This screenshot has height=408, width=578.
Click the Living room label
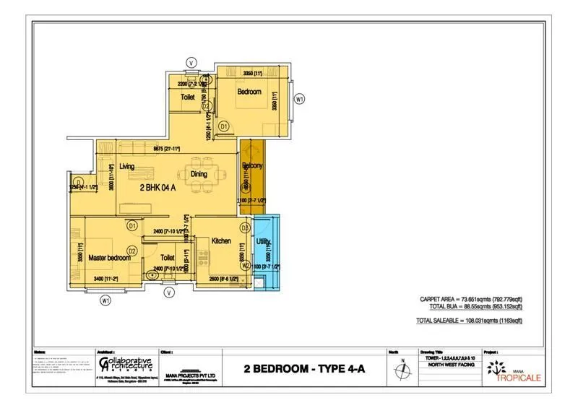pyautogui.click(x=127, y=167)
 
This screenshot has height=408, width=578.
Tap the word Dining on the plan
pyautogui.click(x=199, y=174)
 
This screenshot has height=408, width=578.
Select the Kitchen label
pyautogui.click(x=221, y=241)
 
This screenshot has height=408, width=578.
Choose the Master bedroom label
pyautogui.click(x=109, y=258)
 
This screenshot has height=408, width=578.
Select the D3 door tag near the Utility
pyautogui.click(x=245, y=228)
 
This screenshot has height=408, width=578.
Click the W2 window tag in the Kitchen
pyautogui.click(x=246, y=266)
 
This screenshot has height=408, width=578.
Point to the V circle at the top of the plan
pyautogui.click(x=191, y=63)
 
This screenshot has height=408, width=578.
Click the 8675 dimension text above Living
pyautogui.click(x=165, y=149)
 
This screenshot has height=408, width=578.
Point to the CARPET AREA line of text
pyautogui.click(x=470, y=299)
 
